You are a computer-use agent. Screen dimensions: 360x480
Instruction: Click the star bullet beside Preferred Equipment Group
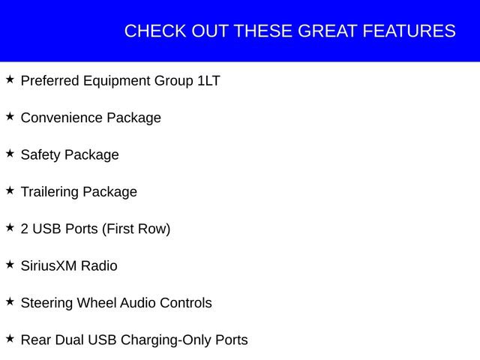(10, 79)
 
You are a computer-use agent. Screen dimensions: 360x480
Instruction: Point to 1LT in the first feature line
(208, 80)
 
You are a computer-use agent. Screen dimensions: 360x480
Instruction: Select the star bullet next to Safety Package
(10, 153)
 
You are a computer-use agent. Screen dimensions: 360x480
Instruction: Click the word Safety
(40, 154)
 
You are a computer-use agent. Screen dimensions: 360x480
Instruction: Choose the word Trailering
(49, 191)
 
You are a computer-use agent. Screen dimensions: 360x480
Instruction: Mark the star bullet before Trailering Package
(10, 190)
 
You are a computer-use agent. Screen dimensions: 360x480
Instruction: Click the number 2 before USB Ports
(25, 229)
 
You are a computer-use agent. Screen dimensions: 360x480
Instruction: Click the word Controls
(187, 303)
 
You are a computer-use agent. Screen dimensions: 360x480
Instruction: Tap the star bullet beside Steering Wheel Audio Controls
(10, 301)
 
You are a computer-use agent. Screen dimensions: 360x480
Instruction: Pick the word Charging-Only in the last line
(166, 340)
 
